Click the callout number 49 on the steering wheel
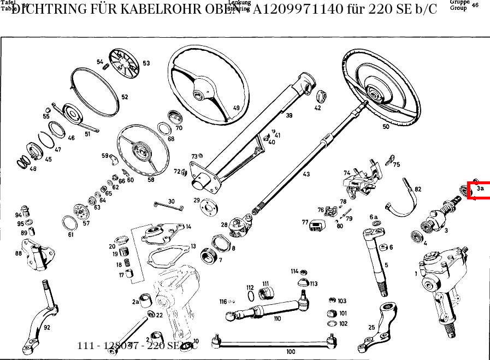[x=237, y=108]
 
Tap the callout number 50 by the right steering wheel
[x=386, y=127]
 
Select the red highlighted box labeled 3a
[x=479, y=190]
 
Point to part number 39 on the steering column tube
[x=289, y=115]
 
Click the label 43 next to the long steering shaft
[x=306, y=174]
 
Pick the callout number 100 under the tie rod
[x=291, y=352]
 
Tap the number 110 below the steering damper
[x=277, y=318]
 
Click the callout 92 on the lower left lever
[x=47, y=328]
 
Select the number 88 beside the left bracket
[x=19, y=253]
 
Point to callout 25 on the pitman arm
[x=371, y=328]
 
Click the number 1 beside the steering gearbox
[x=416, y=273]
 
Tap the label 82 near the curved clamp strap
[x=418, y=189]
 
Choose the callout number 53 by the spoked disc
[x=146, y=63]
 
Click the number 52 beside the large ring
[x=125, y=97]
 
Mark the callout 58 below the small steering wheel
[x=151, y=180]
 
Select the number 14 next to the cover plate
[x=188, y=227]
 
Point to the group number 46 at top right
[x=475, y=5]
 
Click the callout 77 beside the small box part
[x=305, y=222]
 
